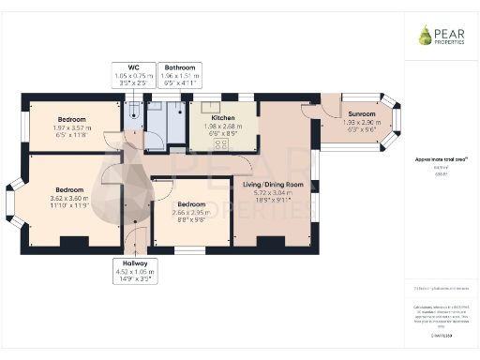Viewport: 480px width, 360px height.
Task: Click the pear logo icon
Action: point(426,36)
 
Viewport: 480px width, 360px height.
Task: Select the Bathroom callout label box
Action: point(180,76)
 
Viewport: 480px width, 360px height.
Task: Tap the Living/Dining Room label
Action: point(274,185)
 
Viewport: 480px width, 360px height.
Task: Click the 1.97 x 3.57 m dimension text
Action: point(72,128)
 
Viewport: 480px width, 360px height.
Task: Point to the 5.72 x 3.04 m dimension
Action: point(274,193)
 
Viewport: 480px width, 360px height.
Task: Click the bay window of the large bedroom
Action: point(12,202)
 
